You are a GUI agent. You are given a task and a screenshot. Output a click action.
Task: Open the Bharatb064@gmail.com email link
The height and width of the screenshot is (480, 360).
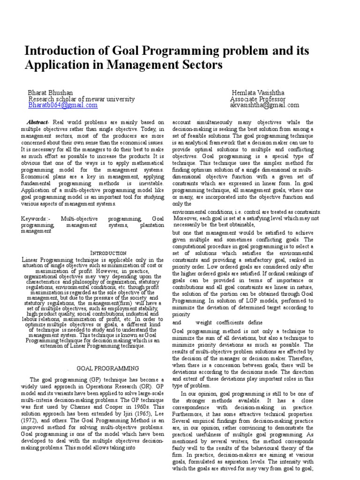(x=63, y=105)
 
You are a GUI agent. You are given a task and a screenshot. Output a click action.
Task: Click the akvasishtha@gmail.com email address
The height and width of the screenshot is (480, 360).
(x=264, y=105)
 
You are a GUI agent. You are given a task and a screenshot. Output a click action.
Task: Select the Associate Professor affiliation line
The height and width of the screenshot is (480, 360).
(x=257, y=99)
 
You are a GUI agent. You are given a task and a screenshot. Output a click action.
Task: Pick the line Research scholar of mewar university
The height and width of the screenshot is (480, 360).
(x=82, y=99)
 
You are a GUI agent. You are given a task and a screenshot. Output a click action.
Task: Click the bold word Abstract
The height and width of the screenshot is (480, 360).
(x=37, y=122)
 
